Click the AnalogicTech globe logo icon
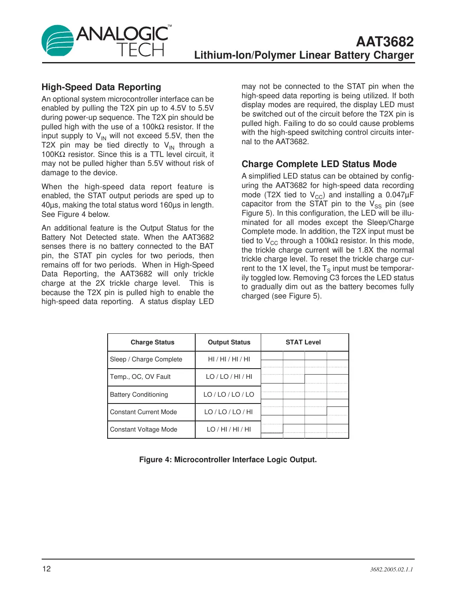[x=57, y=41]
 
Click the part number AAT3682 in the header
[x=385, y=42]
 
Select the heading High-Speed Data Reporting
[x=101, y=87]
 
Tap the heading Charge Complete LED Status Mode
[x=319, y=164]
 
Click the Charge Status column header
[x=152, y=342]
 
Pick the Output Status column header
[x=229, y=342]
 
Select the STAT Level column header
[x=303, y=342]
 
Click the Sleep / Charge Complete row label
[x=146, y=359]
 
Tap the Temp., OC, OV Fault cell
[x=140, y=377]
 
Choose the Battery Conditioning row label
[x=139, y=395]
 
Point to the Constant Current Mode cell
[x=143, y=412]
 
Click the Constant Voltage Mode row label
[x=143, y=429]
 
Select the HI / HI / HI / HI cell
[x=229, y=359]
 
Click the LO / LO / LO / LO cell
[x=229, y=395]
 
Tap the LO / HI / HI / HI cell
[x=229, y=429]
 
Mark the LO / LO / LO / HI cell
[x=228, y=412]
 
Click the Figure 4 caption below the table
[x=228, y=460]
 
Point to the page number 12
[x=46, y=569]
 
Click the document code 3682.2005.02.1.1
[x=391, y=569]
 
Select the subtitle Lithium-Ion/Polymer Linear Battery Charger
[x=304, y=55]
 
